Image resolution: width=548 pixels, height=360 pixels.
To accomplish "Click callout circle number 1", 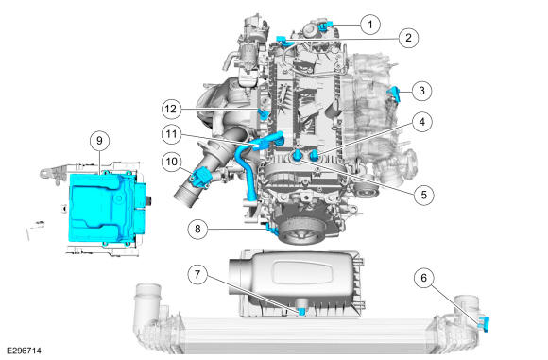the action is (370, 25).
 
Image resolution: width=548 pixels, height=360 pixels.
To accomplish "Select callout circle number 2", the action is (408, 38).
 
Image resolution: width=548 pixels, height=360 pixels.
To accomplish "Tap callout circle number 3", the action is (421, 91).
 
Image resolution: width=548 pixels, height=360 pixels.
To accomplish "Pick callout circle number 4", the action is (422, 122).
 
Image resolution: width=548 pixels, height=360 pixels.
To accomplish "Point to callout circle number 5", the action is (423, 195).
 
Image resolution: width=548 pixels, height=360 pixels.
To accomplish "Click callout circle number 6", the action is (424, 278).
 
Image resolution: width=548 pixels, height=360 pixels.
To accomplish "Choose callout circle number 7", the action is (197, 274).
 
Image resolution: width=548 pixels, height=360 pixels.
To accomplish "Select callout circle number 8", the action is (197, 230).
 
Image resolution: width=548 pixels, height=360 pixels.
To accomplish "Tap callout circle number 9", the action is (99, 141).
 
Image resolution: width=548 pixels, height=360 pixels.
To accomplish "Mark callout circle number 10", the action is (172, 162).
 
